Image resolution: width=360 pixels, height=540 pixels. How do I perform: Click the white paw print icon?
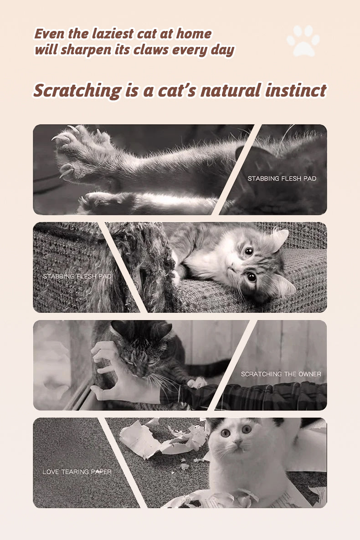303,40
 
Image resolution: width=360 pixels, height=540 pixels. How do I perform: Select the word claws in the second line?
151,50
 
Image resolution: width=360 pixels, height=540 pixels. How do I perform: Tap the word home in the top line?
194,34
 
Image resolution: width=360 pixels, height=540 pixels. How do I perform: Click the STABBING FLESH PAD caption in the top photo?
282,178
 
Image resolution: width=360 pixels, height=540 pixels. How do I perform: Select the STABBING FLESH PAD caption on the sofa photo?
77,276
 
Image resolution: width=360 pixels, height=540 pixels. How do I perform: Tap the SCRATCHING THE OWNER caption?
281,374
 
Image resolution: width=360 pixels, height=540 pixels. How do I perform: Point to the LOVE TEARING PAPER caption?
77,472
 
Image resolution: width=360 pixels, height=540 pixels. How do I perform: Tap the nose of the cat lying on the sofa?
232,268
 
